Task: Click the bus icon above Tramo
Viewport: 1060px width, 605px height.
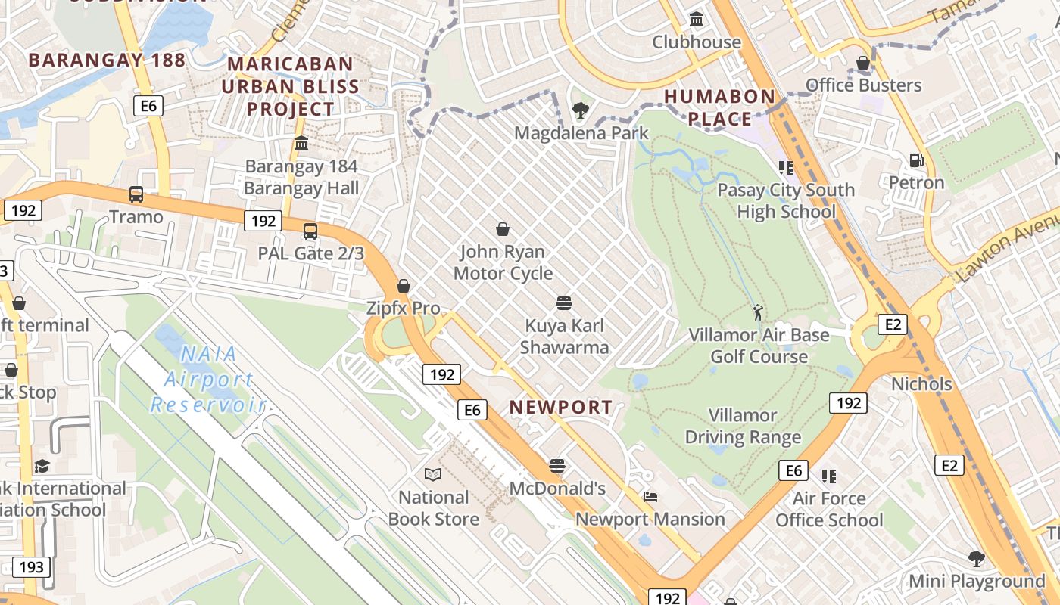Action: point(136,194)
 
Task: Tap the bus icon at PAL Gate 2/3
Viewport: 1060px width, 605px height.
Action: point(310,231)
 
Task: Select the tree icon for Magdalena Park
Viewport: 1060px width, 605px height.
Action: point(581,110)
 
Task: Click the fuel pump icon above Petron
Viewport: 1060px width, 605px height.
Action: point(916,160)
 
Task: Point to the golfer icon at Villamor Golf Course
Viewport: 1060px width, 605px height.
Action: point(758,312)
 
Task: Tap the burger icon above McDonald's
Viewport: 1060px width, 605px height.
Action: point(557,466)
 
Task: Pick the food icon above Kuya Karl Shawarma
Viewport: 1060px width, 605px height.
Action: point(563,303)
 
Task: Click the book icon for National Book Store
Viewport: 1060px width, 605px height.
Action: point(433,474)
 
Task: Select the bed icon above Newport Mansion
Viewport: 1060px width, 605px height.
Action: point(650,497)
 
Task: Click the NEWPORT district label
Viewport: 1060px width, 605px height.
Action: point(560,407)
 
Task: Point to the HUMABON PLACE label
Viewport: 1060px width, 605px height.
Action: point(719,107)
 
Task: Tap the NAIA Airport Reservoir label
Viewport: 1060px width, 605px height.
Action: point(207,379)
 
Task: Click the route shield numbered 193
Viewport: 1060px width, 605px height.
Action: point(31,566)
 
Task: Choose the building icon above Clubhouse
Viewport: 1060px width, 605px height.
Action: point(697,19)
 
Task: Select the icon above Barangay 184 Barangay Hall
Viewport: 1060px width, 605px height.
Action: point(301,143)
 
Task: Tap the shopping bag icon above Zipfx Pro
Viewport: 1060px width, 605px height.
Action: point(404,286)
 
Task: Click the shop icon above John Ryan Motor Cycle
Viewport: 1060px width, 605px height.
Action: point(503,228)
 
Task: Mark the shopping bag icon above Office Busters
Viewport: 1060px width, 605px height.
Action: point(863,63)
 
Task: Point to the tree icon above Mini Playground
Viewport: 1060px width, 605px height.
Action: point(977,559)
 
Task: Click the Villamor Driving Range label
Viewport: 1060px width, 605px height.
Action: point(743,427)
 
